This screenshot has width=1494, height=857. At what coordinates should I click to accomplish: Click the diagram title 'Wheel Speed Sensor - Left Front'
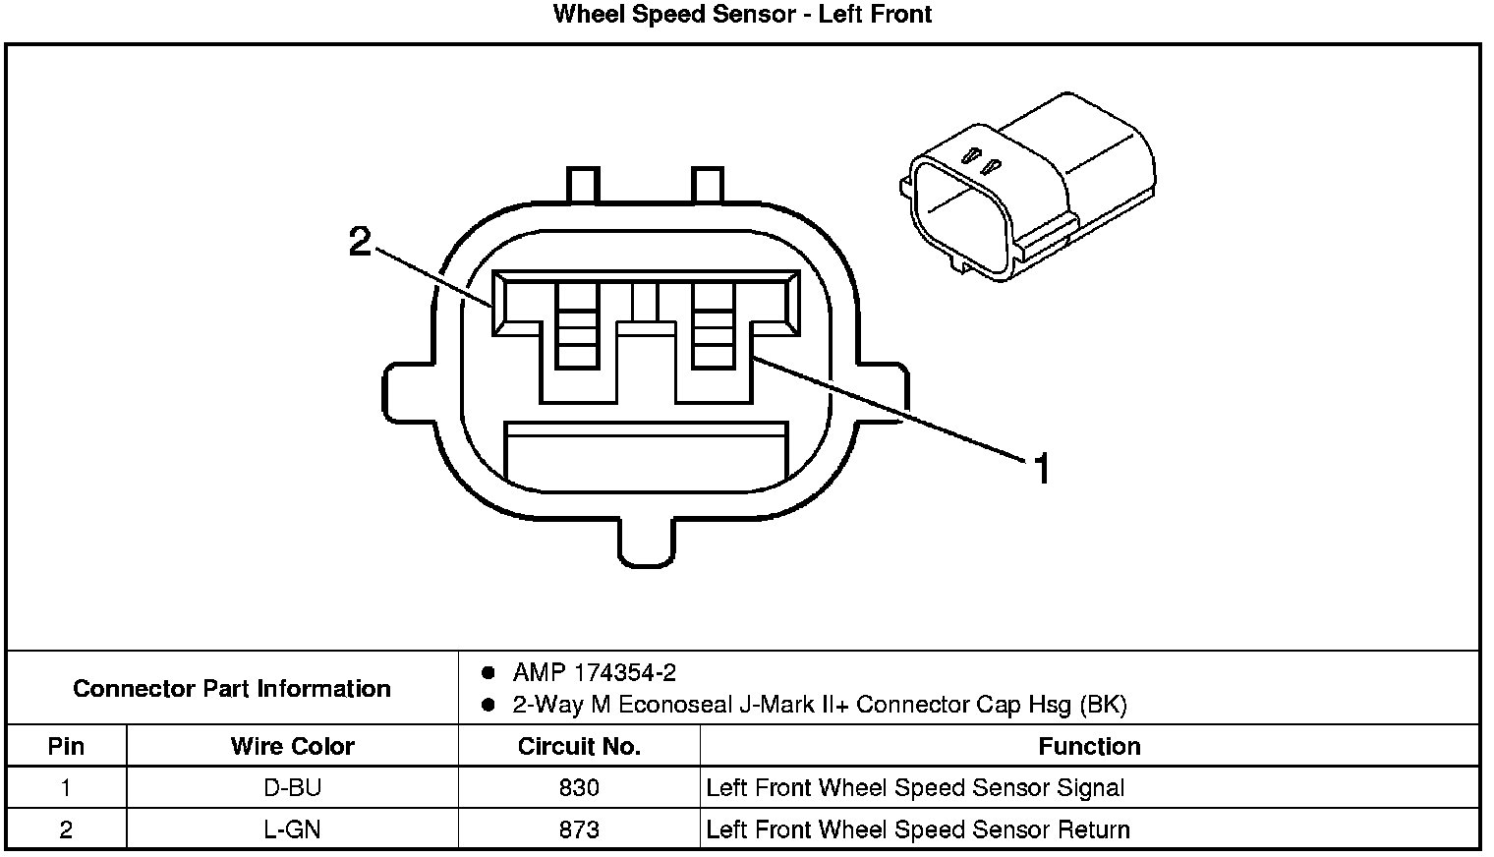[742, 15]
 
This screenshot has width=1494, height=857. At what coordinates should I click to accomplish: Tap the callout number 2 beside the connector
[361, 241]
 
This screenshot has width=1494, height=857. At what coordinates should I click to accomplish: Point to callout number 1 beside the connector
[1041, 469]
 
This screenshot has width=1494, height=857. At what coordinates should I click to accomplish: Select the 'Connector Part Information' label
[232, 688]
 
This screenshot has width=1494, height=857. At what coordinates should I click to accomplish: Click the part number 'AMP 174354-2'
[594, 673]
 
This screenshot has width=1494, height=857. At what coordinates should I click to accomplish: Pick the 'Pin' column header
[66, 746]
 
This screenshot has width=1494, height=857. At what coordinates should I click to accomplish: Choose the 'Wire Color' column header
[292, 746]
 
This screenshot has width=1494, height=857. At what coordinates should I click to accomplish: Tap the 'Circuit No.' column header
[579, 746]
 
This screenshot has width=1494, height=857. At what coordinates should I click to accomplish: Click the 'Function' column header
[1089, 746]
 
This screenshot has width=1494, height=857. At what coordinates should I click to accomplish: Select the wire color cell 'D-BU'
[292, 787]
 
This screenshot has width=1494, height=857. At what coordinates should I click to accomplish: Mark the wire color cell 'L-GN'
[292, 829]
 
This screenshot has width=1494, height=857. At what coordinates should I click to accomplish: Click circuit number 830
[579, 787]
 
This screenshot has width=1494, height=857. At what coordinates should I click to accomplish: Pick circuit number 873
[579, 829]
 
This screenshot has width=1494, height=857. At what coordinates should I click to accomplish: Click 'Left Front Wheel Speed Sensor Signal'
[915, 787]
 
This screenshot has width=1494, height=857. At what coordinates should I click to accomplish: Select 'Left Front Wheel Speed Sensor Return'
[918, 829]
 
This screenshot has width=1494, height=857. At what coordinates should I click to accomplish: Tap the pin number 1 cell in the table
[66, 787]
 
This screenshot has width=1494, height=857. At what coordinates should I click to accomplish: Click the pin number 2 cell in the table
[66, 829]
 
